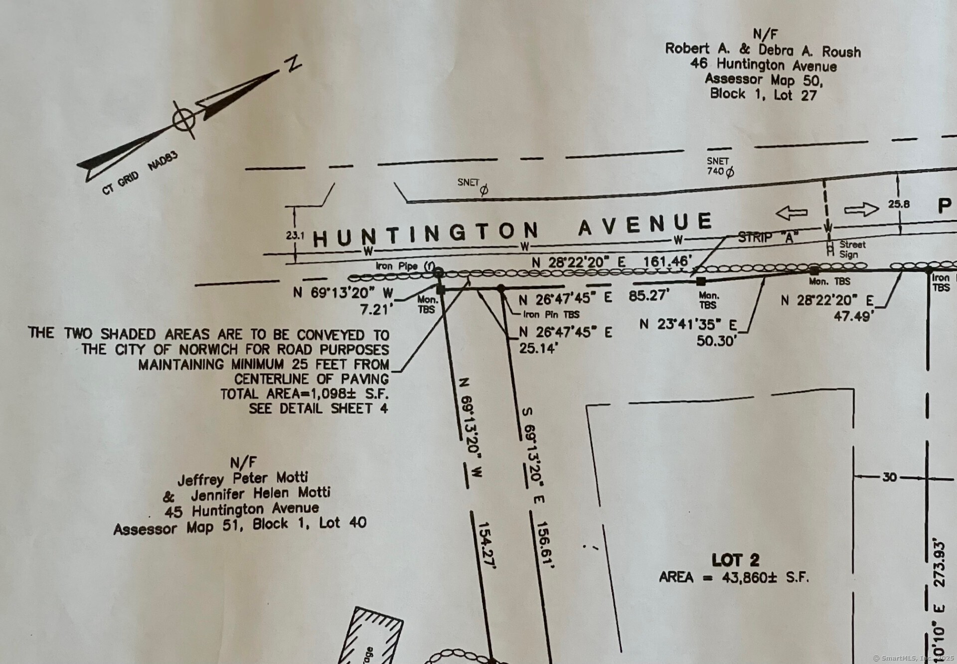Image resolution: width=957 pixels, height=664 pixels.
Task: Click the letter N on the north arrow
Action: click(293, 64)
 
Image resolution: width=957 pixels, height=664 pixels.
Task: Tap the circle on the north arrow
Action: click(183, 120)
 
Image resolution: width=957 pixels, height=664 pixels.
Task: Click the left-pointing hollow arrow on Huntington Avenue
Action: click(792, 213)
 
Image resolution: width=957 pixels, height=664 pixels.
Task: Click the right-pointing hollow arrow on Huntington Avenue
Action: click(861, 209)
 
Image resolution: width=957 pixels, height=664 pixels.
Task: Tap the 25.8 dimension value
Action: click(898, 204)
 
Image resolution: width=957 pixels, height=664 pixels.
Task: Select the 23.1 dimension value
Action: click(295, 235)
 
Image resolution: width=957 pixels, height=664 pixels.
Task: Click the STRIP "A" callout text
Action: click(768, 237)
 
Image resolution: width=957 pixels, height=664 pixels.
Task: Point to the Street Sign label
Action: click(852, 249)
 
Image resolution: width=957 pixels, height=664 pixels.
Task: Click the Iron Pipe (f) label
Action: click(405, 266)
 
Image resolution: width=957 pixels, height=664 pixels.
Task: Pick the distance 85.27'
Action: click(648, 296)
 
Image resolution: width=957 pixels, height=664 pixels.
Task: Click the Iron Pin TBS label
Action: click(552, 315)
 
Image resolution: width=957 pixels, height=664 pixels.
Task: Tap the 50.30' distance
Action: click(716, 341)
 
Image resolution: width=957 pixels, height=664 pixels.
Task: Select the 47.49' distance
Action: click(853, 316)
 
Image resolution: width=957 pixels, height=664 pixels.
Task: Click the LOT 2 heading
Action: click(735, 560)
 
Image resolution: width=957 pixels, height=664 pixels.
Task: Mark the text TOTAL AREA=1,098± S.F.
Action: click(304, 394)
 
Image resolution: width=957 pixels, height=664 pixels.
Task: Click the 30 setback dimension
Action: click(890, 478)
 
